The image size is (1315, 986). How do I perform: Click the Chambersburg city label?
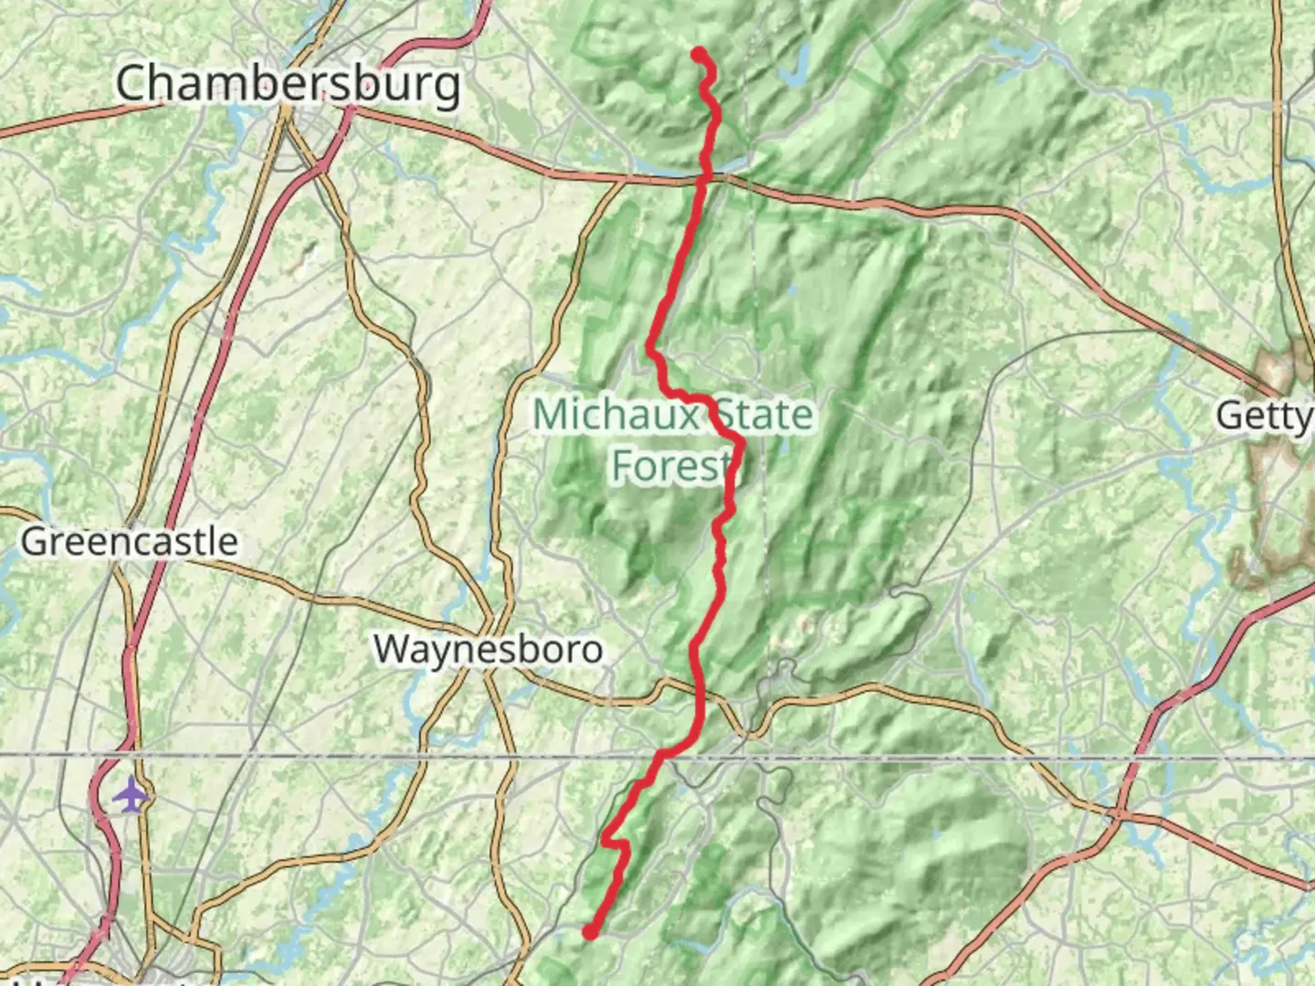point(289,84)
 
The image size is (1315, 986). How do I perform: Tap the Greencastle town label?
point(129,541)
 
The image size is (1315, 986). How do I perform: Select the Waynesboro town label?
point(488,649)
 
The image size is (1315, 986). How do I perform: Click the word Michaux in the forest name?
point(615,415)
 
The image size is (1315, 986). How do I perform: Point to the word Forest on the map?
point(671,466)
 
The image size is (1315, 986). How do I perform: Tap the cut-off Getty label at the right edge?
point(1264,416)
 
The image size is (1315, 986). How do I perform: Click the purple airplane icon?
point(131,795)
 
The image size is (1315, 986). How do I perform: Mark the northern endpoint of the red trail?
point(699,54)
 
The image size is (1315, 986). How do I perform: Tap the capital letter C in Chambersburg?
point(133,84)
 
